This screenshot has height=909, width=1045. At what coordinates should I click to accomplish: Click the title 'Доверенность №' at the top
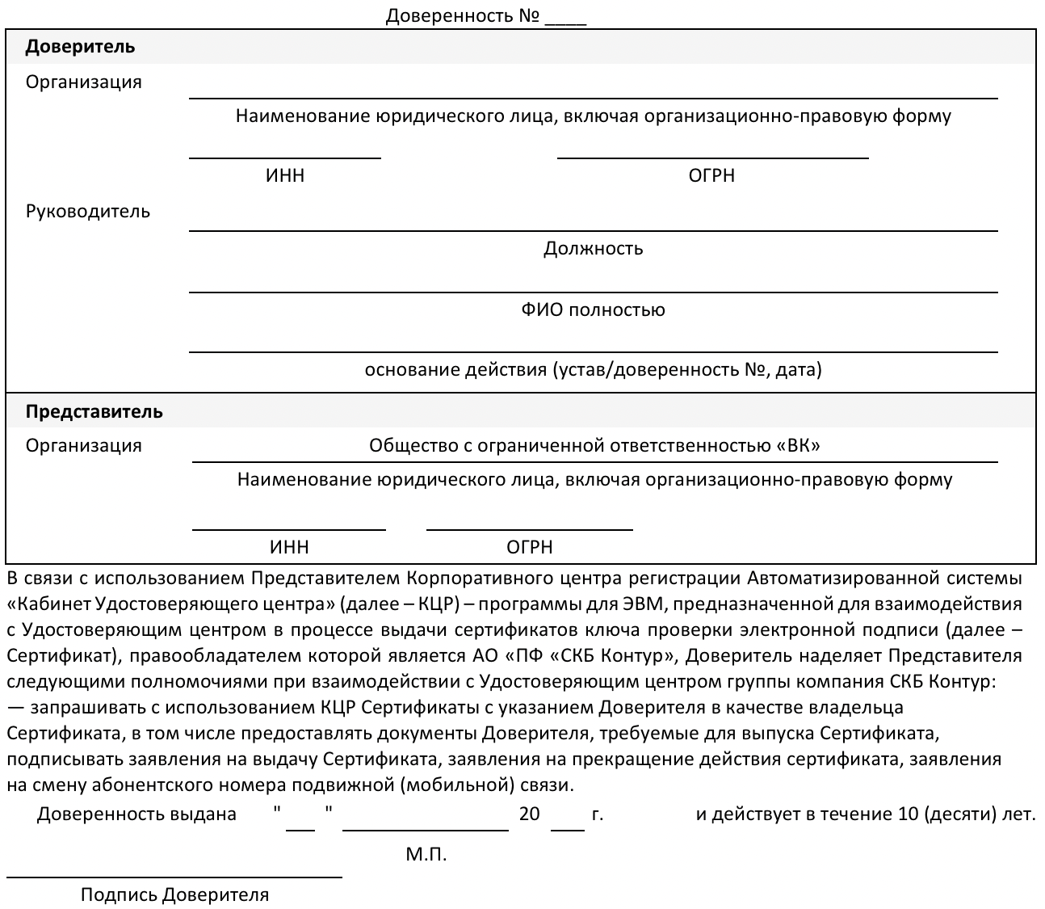coord(462,16)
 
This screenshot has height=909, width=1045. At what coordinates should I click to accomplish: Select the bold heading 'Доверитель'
coord(80,47)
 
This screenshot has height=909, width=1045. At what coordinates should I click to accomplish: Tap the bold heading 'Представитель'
coord(94,411)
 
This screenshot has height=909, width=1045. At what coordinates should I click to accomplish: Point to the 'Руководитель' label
coord(88,212)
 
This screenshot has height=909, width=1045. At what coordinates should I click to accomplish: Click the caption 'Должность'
coord(593,248)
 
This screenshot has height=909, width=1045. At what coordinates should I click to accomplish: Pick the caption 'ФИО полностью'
coord(593,309)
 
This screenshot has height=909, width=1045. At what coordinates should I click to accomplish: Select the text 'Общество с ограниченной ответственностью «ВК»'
coord(594,445)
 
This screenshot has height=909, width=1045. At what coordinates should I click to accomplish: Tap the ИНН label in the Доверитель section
coord(285,175)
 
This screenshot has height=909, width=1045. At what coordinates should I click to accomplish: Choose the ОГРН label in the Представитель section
coord(530,547)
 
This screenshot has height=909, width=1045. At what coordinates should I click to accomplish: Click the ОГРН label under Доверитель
coord(711,175)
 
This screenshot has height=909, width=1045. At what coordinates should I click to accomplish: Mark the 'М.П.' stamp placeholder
coord(426,854)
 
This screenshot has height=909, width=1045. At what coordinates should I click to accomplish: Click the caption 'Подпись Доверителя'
coord(174,894)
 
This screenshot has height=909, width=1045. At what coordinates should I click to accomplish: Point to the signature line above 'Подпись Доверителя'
coord(174,877)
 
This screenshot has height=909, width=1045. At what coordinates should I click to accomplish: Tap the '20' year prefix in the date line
coord(529,814)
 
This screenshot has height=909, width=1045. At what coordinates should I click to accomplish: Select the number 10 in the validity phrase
coord(908,814)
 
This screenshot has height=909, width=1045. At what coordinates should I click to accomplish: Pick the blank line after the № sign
coord(565,23)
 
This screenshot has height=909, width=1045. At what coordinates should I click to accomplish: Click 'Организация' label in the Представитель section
coord(84,445)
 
